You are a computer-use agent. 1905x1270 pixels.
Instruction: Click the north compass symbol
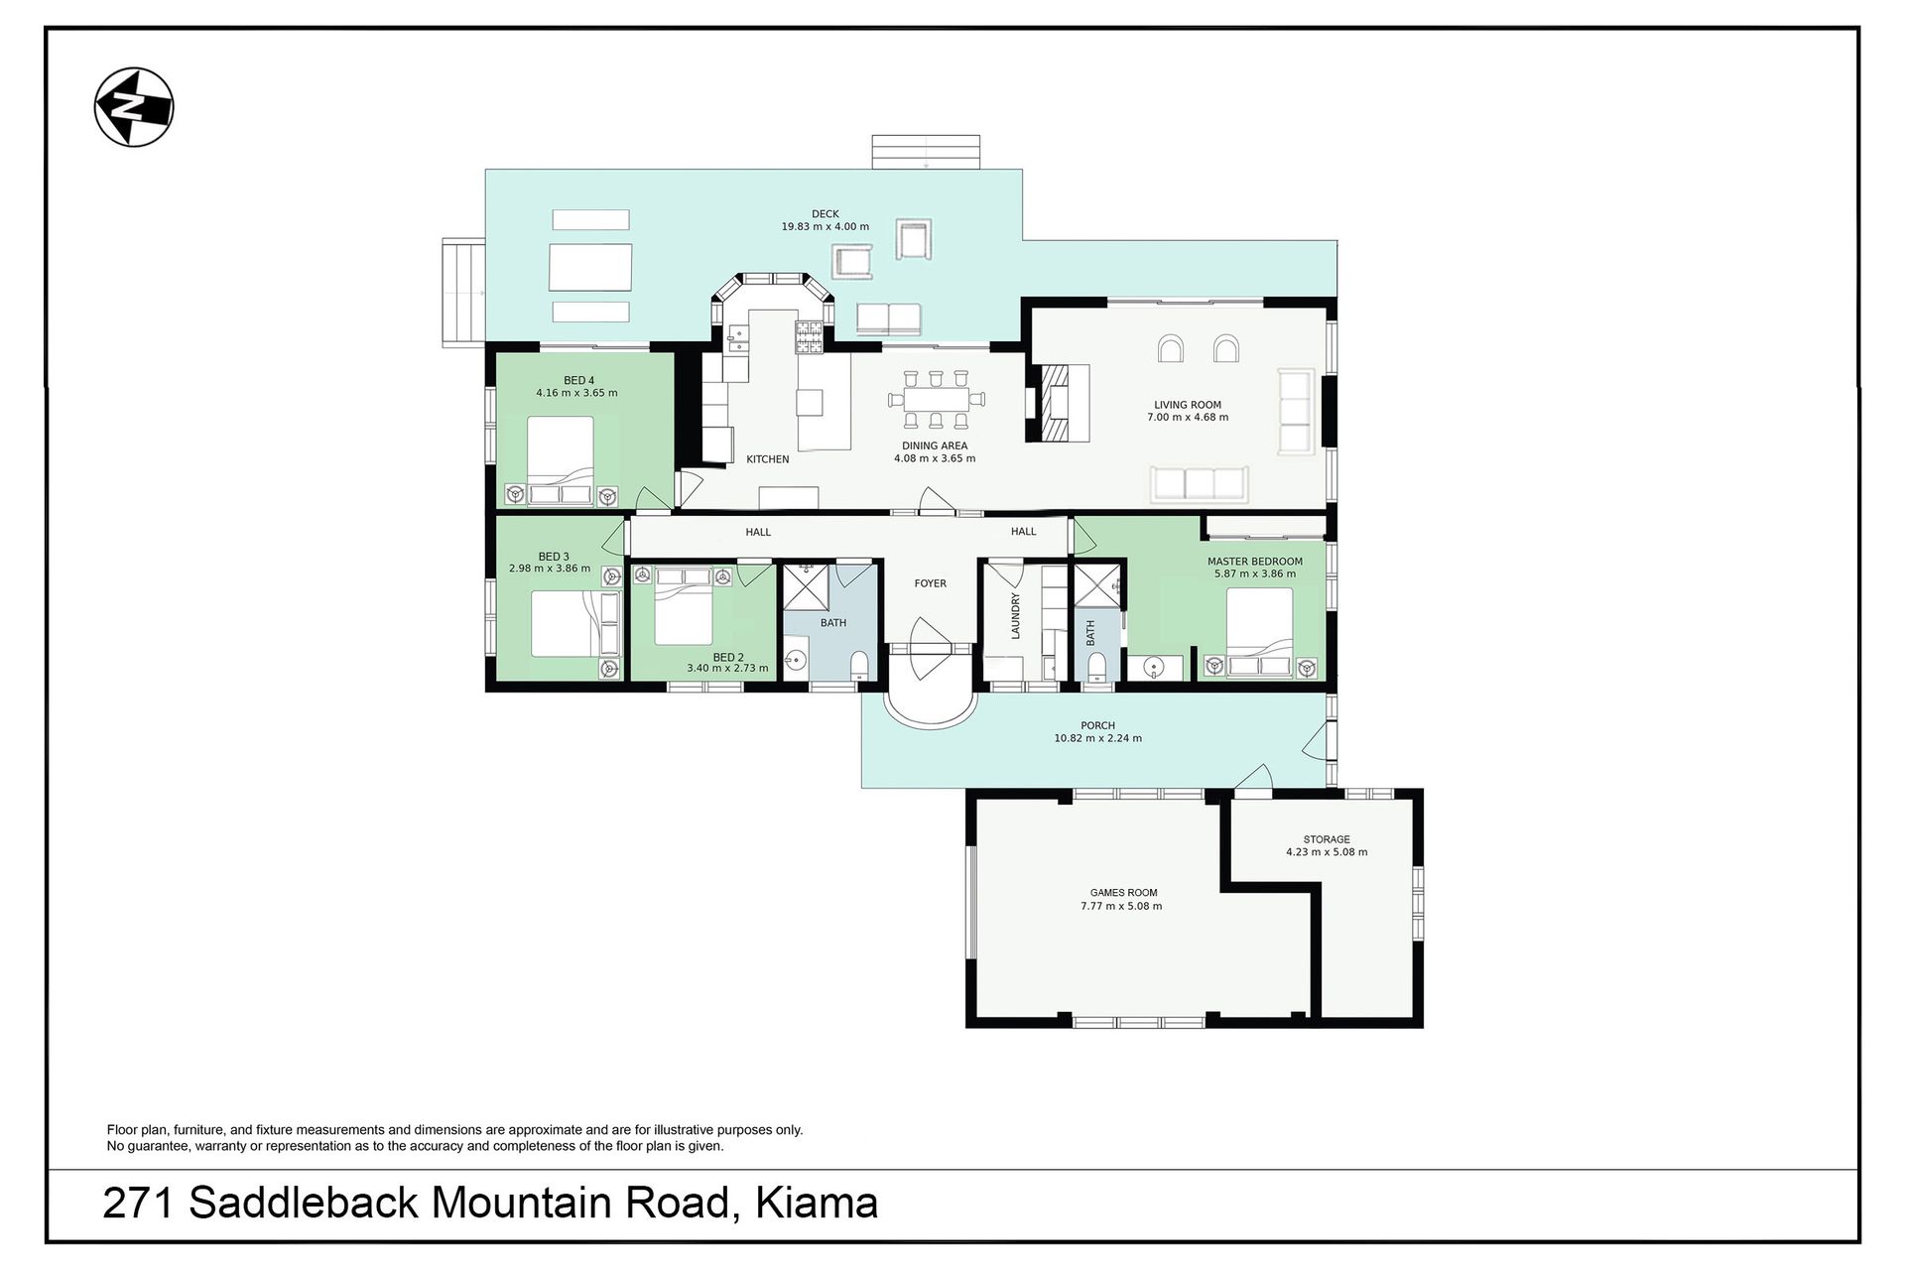(134, 107)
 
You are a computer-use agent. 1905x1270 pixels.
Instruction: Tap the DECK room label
(825, 213)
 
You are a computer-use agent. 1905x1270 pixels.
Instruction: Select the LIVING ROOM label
(1188, 405)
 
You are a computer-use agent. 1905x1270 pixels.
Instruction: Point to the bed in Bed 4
(561, 461)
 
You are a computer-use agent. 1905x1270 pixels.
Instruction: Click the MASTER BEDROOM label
(1254, 562)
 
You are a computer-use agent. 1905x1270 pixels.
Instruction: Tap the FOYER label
(931, 583)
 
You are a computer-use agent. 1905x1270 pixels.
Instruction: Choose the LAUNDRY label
(1016, 616)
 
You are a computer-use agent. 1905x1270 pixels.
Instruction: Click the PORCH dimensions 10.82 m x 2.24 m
(1097, 738)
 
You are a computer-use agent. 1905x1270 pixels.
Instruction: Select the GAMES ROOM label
(1123, 893)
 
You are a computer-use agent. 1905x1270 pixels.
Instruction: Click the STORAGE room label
(1327, 839)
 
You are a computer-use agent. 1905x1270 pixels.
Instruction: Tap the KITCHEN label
(768, 459)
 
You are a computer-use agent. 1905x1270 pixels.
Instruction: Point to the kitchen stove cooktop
(808, 337)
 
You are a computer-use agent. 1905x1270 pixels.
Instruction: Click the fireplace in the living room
(1052, 402)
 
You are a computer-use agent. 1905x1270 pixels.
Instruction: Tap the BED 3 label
(554, 557)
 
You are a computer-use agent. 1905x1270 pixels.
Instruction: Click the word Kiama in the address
(817, 1204)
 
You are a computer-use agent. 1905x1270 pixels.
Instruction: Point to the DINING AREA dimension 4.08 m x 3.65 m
(935, 458)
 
